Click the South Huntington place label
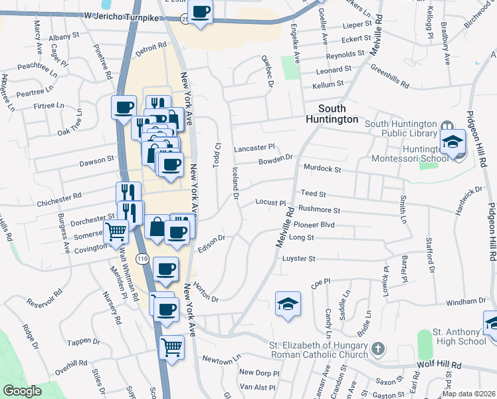(338, 114)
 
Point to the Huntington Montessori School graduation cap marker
(456, 142)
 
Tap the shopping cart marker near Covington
(116, 232)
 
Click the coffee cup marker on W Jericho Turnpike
(202, 11)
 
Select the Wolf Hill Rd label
(439, 366)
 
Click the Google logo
(22, 392)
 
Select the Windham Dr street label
(462, 302)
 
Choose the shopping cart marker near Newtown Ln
(172, 346)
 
